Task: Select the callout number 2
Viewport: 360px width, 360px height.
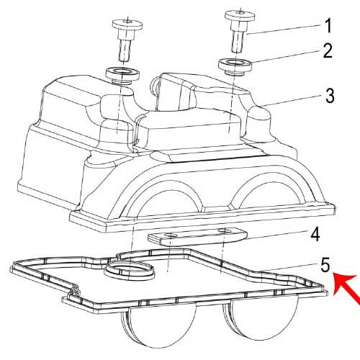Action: [x=328, y=50]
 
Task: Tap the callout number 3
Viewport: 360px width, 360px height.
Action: [x=330, y=95]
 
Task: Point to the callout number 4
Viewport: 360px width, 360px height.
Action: [x=315, y=235]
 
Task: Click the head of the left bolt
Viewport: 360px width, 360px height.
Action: [x=127, y=25]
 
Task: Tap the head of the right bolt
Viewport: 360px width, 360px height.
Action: [x=240, y=16]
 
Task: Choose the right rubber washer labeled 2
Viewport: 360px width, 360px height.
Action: [x=235, y=66]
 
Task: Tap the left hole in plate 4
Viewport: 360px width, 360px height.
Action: [x=171, y=235]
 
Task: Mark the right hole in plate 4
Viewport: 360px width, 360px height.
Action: [x=225, y=231]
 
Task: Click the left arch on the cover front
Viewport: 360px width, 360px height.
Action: [x=166, y=189]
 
